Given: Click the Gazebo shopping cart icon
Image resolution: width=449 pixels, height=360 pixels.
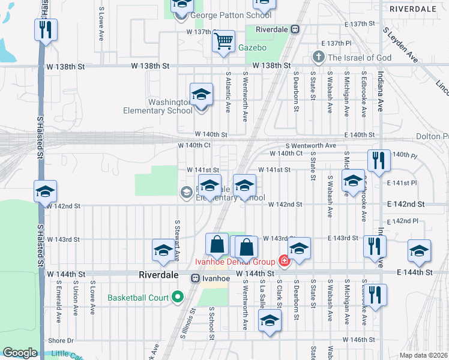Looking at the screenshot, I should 224,41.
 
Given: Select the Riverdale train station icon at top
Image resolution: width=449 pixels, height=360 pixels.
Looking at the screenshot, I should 295,29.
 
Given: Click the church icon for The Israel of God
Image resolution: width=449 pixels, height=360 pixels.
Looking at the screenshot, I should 318,58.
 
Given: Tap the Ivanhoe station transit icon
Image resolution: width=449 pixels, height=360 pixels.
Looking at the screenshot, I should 196,278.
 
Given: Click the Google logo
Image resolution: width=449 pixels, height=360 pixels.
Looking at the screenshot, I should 20,353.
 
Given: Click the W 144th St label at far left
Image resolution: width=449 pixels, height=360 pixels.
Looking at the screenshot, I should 64,274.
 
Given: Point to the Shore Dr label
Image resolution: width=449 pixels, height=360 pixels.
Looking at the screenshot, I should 60,340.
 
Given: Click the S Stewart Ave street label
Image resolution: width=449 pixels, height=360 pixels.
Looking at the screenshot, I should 178,240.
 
